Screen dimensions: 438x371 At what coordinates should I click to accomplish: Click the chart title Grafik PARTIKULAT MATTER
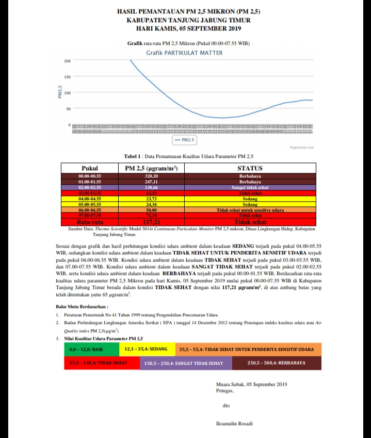(x=184, y=53)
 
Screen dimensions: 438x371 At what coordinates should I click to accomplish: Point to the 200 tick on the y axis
(x=67, y=61)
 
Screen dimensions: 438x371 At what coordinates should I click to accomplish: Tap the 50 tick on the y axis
(x=68, y=109)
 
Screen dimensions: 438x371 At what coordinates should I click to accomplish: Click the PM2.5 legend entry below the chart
(x=184, y=140)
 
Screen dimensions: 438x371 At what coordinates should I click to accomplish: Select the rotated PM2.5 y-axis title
(x=60, y=93)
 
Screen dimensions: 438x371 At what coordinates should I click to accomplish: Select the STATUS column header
(x=250, y=168)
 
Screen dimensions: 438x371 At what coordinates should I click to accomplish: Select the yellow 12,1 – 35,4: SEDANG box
(x=148, y=349)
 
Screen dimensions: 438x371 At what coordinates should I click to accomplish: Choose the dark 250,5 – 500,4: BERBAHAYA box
(x=277, y=363)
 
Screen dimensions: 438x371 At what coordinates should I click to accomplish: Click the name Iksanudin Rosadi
(x=234, y=424)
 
